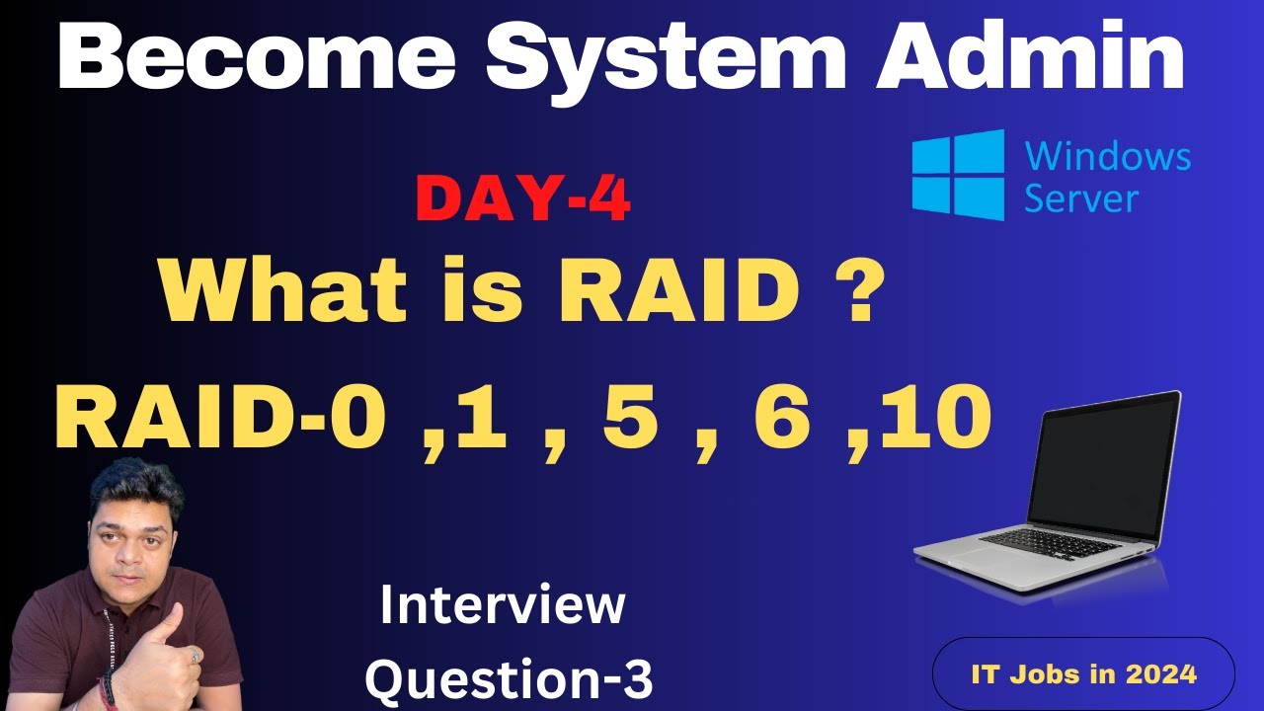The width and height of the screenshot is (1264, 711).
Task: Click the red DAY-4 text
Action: coord(523,200)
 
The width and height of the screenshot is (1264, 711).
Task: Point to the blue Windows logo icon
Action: coord(958,175)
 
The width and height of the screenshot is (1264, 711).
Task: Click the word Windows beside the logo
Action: coord(1108,156)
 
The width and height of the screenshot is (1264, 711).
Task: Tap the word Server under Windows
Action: coord(1081,198)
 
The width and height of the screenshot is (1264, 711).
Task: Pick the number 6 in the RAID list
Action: coord(782,417)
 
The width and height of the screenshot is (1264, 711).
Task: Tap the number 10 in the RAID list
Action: coord(933,417)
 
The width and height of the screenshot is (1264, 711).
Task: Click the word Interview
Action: coord(503,605)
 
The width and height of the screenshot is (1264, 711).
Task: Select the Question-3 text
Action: coord(509,678)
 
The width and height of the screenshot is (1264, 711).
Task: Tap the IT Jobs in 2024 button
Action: coord(1083,673)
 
